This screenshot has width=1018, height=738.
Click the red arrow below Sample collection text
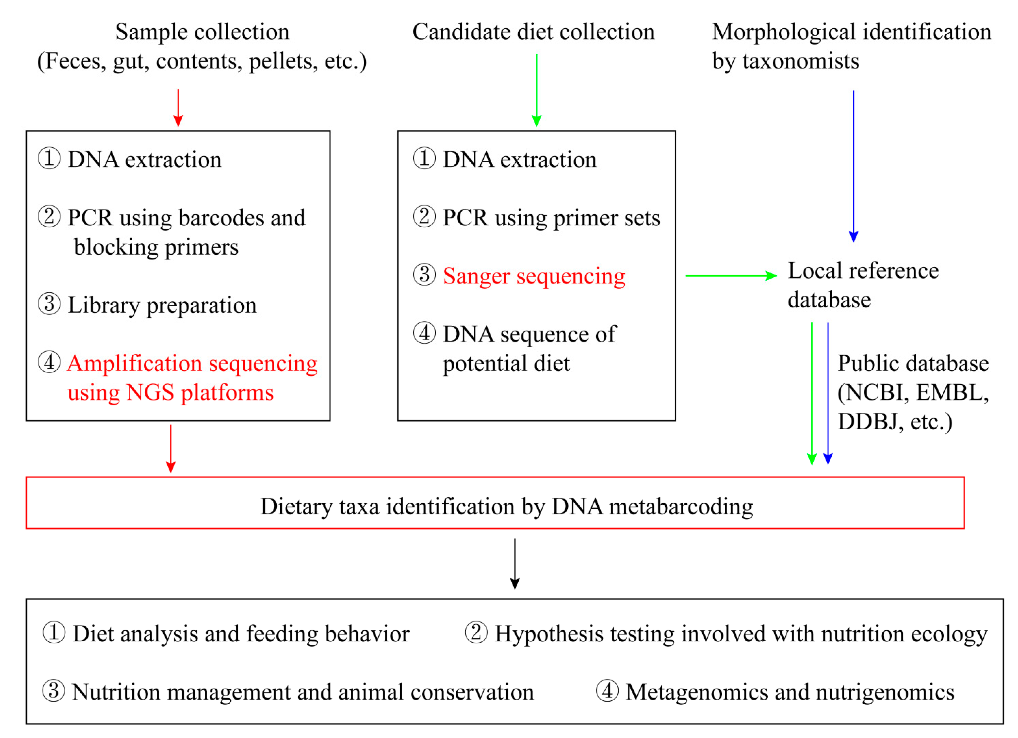178,108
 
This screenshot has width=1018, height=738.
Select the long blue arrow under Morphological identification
853,166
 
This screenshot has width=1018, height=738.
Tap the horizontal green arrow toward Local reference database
731,276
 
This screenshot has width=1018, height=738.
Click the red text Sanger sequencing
534,276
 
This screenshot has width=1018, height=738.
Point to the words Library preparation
162,305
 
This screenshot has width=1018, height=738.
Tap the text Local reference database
863,285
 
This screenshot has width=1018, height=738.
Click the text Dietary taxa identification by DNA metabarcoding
506,507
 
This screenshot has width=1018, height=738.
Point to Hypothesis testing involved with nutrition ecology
741,634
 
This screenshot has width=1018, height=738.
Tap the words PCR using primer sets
551,218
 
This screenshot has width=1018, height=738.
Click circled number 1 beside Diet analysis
54,633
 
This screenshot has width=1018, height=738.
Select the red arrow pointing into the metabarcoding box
171,448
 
